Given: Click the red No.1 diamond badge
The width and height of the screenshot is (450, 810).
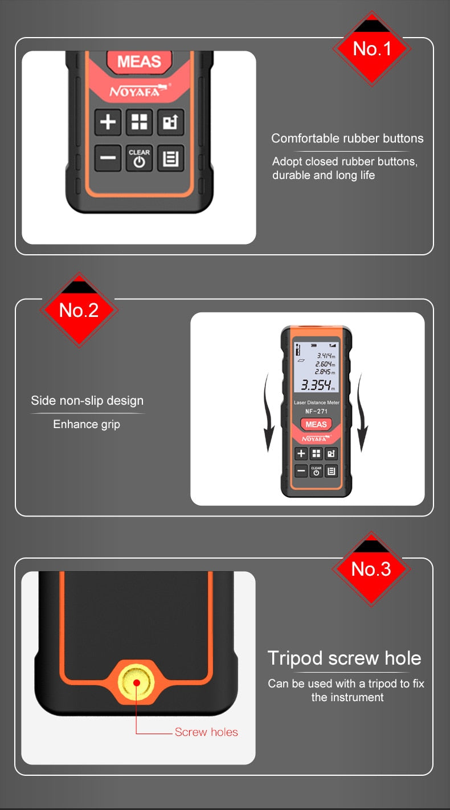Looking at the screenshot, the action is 372,48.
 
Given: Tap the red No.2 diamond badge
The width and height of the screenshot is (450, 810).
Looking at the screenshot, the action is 79,310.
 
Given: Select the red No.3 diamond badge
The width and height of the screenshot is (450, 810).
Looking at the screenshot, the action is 371,569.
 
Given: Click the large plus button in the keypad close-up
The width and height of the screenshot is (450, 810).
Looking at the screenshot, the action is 108,121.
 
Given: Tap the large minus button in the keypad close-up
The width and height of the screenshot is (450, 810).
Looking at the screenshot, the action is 108,158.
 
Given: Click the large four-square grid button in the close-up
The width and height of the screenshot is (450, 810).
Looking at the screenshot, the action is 139,121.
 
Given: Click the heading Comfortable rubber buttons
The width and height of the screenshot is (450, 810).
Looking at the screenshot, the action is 347,139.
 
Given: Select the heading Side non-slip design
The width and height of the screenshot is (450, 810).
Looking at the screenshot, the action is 87,401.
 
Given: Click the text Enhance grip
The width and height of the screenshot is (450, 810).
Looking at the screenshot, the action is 87,424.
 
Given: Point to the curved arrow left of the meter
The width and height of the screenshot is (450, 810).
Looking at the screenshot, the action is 268,412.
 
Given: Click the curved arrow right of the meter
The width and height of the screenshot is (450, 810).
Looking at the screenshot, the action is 362,412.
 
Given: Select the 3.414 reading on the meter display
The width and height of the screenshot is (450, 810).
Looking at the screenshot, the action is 326,356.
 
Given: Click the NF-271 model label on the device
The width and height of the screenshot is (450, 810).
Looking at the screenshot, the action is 316,411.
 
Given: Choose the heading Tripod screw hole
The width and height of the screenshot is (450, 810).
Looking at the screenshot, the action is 344,658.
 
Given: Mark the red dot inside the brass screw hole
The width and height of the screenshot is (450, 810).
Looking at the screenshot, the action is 137,682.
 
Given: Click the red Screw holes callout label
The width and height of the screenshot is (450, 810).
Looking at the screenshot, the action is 206,732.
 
